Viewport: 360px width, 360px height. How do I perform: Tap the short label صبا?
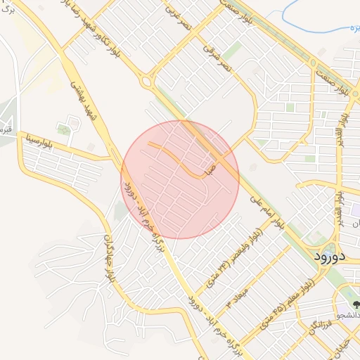point(209,169)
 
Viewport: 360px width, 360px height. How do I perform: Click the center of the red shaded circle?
point(180,180)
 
